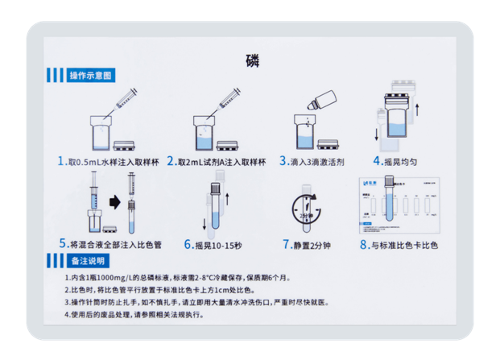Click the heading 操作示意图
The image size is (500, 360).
click(90, 76)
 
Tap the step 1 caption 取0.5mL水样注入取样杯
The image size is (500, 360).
click(108, 161)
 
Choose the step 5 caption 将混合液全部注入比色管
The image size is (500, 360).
click(112, 243)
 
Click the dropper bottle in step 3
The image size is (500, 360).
click(317, 101)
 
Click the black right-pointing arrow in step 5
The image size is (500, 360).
click(114, 199)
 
